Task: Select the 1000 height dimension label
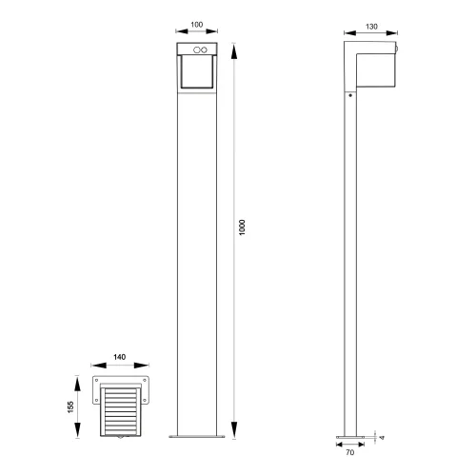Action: click(243, 228)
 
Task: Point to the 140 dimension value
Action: click(119, 358)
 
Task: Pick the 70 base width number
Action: click(351, 454)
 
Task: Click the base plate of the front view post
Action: click(197, 437)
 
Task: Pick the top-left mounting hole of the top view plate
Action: click(98, 379)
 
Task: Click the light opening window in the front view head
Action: click(197, 75)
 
